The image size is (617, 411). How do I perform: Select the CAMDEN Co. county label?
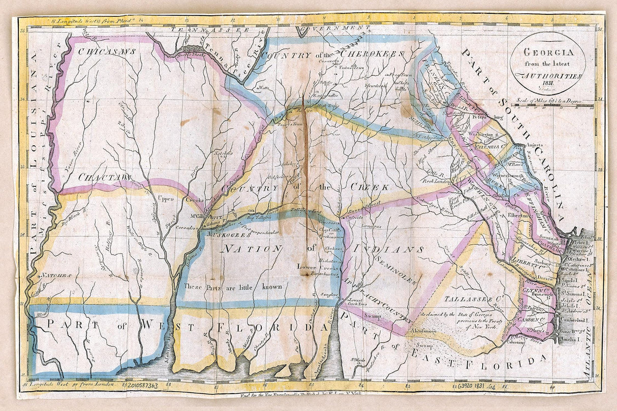[x=535, y=320]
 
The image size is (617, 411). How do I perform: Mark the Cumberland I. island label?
[x=576, y=321]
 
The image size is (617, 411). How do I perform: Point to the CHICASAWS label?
[x=107, y=51]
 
